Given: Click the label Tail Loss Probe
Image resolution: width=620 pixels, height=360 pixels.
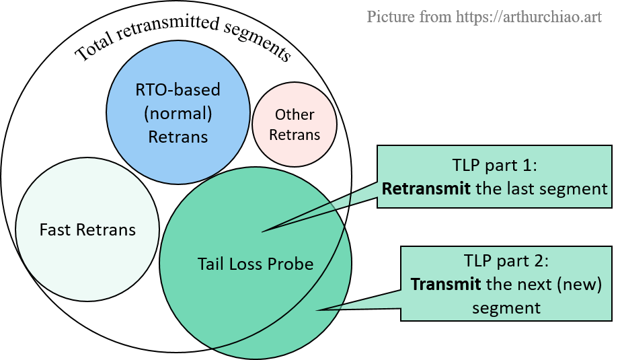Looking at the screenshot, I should pyautogui.click(x=256, y=263).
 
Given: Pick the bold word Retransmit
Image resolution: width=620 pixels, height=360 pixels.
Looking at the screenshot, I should pyautogui.click(x=426, y=188).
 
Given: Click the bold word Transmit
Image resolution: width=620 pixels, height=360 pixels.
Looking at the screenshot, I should pyautogui.click(x=445, y=284).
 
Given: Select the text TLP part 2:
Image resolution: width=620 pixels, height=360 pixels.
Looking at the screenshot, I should pyautogui.click(x=507, y=260).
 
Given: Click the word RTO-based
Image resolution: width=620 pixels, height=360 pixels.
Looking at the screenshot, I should pyautogui.click(x=178, y=89).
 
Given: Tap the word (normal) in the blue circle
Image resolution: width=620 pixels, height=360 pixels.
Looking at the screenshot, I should pyautogui.click(x=178, y=113).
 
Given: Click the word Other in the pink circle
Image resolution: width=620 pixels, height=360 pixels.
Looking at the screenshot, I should pyautogui.click(x=295, y=115).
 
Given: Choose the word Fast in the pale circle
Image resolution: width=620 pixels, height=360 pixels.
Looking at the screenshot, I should pyautogui.click(x=54, y=229).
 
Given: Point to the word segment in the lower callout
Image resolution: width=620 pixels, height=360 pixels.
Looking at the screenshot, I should pyautogui.click(x=506, y=308).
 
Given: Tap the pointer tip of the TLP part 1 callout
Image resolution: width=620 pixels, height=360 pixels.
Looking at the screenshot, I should pyautogui.click(x=262, y=232).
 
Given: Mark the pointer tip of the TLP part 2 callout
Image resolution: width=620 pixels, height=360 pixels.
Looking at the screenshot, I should pyautogui.click(x=318, y=310).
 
